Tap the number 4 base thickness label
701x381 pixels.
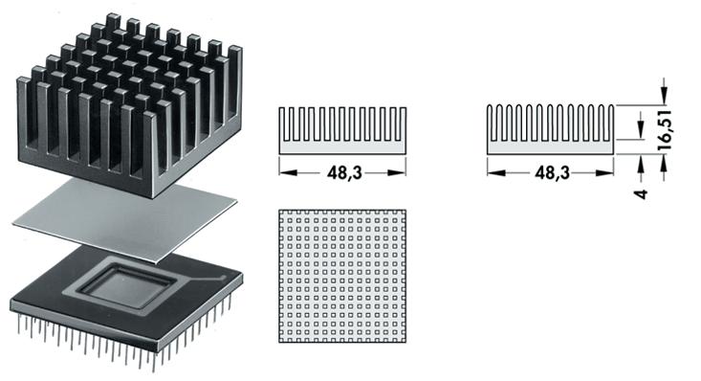642,192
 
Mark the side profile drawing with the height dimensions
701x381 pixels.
550,128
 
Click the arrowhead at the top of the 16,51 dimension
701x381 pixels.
665,99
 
